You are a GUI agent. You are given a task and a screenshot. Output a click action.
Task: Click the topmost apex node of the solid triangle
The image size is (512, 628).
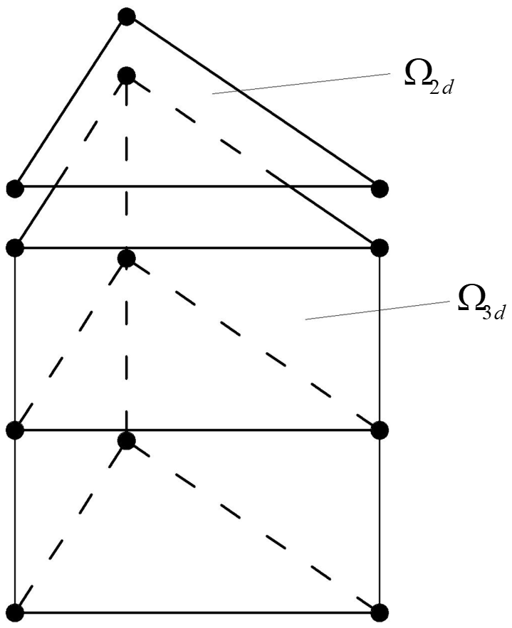(x=126, y=16)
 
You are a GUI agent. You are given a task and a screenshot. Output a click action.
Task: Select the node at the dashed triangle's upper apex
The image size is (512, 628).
(x=126, y=74)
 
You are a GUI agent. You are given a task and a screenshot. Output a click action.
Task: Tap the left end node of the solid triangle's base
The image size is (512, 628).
(x=15, y=188)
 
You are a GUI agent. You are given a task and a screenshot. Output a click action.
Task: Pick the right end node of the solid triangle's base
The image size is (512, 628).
(x=380, y=188)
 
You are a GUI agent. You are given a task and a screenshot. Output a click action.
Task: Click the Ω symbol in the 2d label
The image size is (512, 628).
(x=416, y=75)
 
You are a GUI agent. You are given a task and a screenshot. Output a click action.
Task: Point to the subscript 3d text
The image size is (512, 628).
(x=496, y=314)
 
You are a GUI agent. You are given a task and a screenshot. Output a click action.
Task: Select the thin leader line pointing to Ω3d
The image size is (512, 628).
(x=377, y=310)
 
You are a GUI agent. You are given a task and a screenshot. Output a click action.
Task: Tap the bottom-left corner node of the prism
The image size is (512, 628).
(x=15, y=611)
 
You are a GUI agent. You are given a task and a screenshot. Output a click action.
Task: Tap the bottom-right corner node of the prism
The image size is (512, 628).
(x=380, y=611)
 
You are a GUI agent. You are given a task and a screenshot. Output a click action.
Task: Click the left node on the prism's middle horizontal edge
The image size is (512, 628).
(x=15, y=430)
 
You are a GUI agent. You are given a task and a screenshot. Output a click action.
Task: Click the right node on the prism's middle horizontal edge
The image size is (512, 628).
(x=380, y=430)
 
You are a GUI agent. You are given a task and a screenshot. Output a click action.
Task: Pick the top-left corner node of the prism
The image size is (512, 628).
(x=15, y=248)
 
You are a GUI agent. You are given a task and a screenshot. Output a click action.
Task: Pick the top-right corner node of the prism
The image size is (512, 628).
(x=380, y=248)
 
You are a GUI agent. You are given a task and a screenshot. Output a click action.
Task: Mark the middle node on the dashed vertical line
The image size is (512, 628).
(x=126, y=257)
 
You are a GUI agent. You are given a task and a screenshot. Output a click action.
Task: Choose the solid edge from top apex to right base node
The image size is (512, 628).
(x=253, y=102)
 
